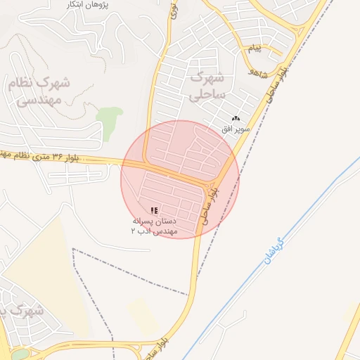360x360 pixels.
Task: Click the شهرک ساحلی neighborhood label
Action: click(x=207, y=84)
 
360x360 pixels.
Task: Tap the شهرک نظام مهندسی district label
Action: click(x=39, y=91)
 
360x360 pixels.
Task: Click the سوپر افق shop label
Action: click(x=235, y=130)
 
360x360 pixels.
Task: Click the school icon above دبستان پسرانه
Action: click(x=154, y=210)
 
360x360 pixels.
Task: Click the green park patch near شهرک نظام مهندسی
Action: click(x=109, y=115)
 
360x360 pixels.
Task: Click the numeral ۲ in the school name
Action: click(x=133, y=231)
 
